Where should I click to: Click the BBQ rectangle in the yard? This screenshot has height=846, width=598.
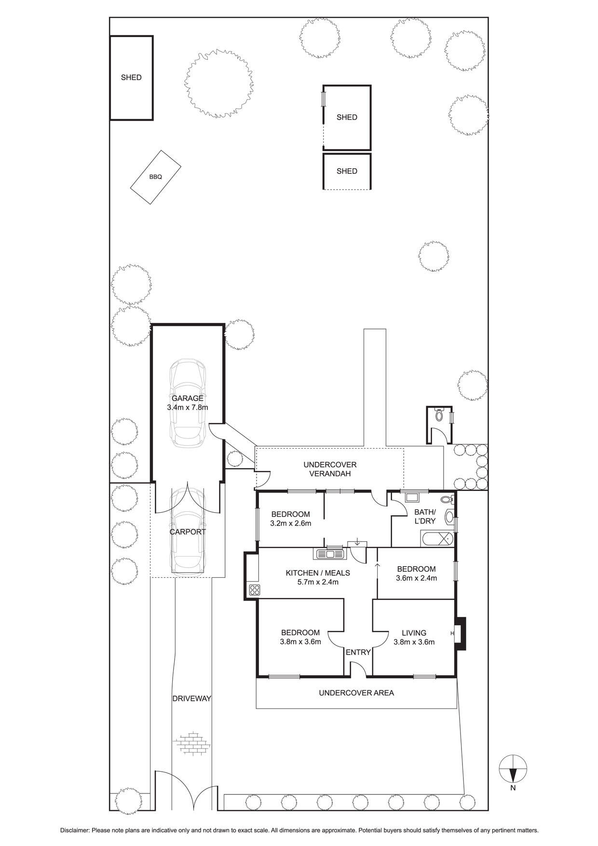(x=156, y=177)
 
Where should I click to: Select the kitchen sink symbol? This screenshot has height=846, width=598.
(x=330, y=554)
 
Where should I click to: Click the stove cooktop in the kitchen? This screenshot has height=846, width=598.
(x=254, y=589)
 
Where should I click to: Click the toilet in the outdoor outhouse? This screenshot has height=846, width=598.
(x=439, y=414)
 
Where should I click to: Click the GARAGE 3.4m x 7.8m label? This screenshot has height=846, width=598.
(x=188, y=403)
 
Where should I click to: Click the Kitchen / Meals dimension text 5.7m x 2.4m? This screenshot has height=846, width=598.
(x=318, y=582)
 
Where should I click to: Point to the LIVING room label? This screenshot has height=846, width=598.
(x=414, y=633)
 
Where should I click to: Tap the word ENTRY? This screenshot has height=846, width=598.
(x=358, y=652)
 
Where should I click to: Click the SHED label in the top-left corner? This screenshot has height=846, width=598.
(x=131, y=77)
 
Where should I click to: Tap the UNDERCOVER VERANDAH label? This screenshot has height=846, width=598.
(x=330, y=469)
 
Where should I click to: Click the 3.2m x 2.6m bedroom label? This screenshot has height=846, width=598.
(x=290, y=523)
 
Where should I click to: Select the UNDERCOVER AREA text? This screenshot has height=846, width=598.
(x=356, y=693)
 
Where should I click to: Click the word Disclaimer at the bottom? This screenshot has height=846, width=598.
(x=75, y=830)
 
